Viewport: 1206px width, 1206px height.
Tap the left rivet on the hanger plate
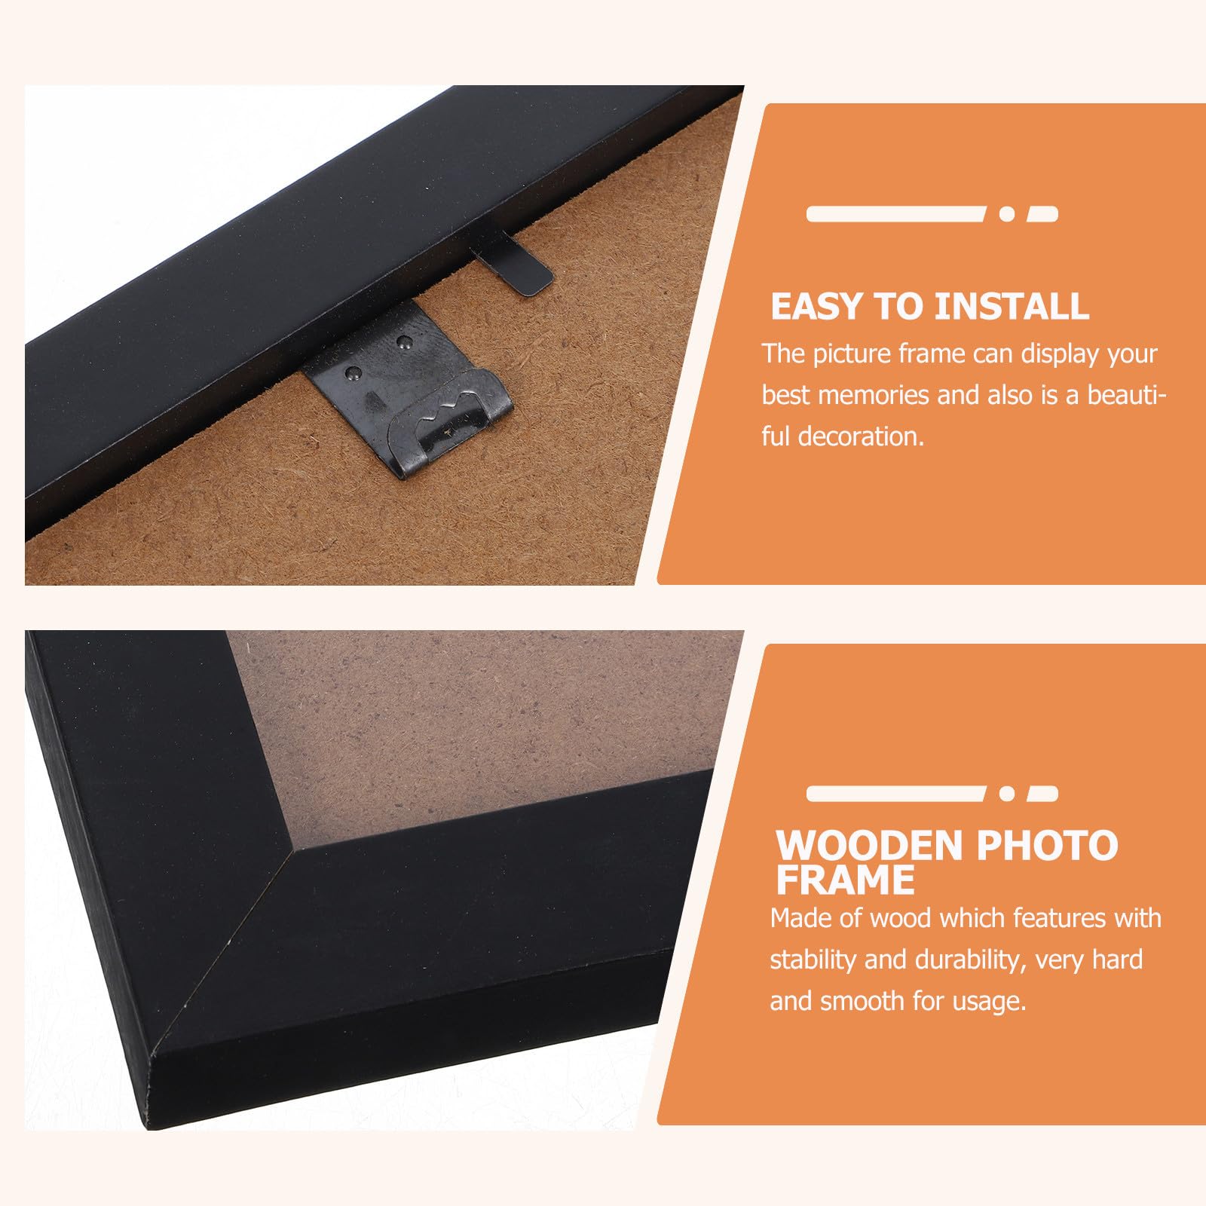[352, 372]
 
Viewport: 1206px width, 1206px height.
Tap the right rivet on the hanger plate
[402, 342]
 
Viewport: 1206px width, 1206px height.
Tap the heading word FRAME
[845, 880]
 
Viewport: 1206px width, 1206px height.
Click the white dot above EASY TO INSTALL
[1006, 214]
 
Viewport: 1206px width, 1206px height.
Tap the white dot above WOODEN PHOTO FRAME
[1006, 793]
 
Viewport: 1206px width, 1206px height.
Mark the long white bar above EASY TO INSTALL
[896, 214]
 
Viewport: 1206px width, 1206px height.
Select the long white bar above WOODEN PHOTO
[896, 793]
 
